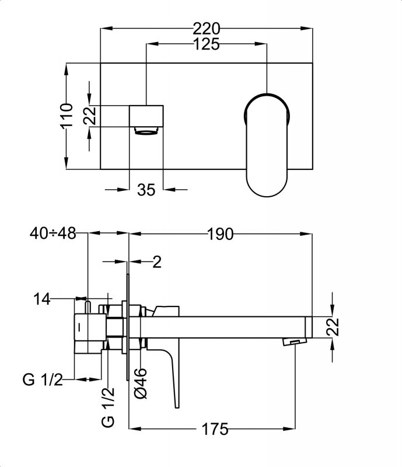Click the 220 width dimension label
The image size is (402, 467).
point(207,27)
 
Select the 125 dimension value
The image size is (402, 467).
point(207,44)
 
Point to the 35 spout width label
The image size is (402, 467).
point(146,189)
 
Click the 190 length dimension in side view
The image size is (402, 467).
point(220,234)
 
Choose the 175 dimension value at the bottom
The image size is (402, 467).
point(215,430)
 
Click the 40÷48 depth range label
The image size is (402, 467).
point(53,233)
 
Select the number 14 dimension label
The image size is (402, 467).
point(42,299)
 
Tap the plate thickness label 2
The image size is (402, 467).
point(156,262)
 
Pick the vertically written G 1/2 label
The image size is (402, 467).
point(108,407)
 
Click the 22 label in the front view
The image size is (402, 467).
point(89,116)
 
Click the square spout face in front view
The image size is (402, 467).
point(146,115)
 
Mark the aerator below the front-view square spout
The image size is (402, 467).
point(146,130)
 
